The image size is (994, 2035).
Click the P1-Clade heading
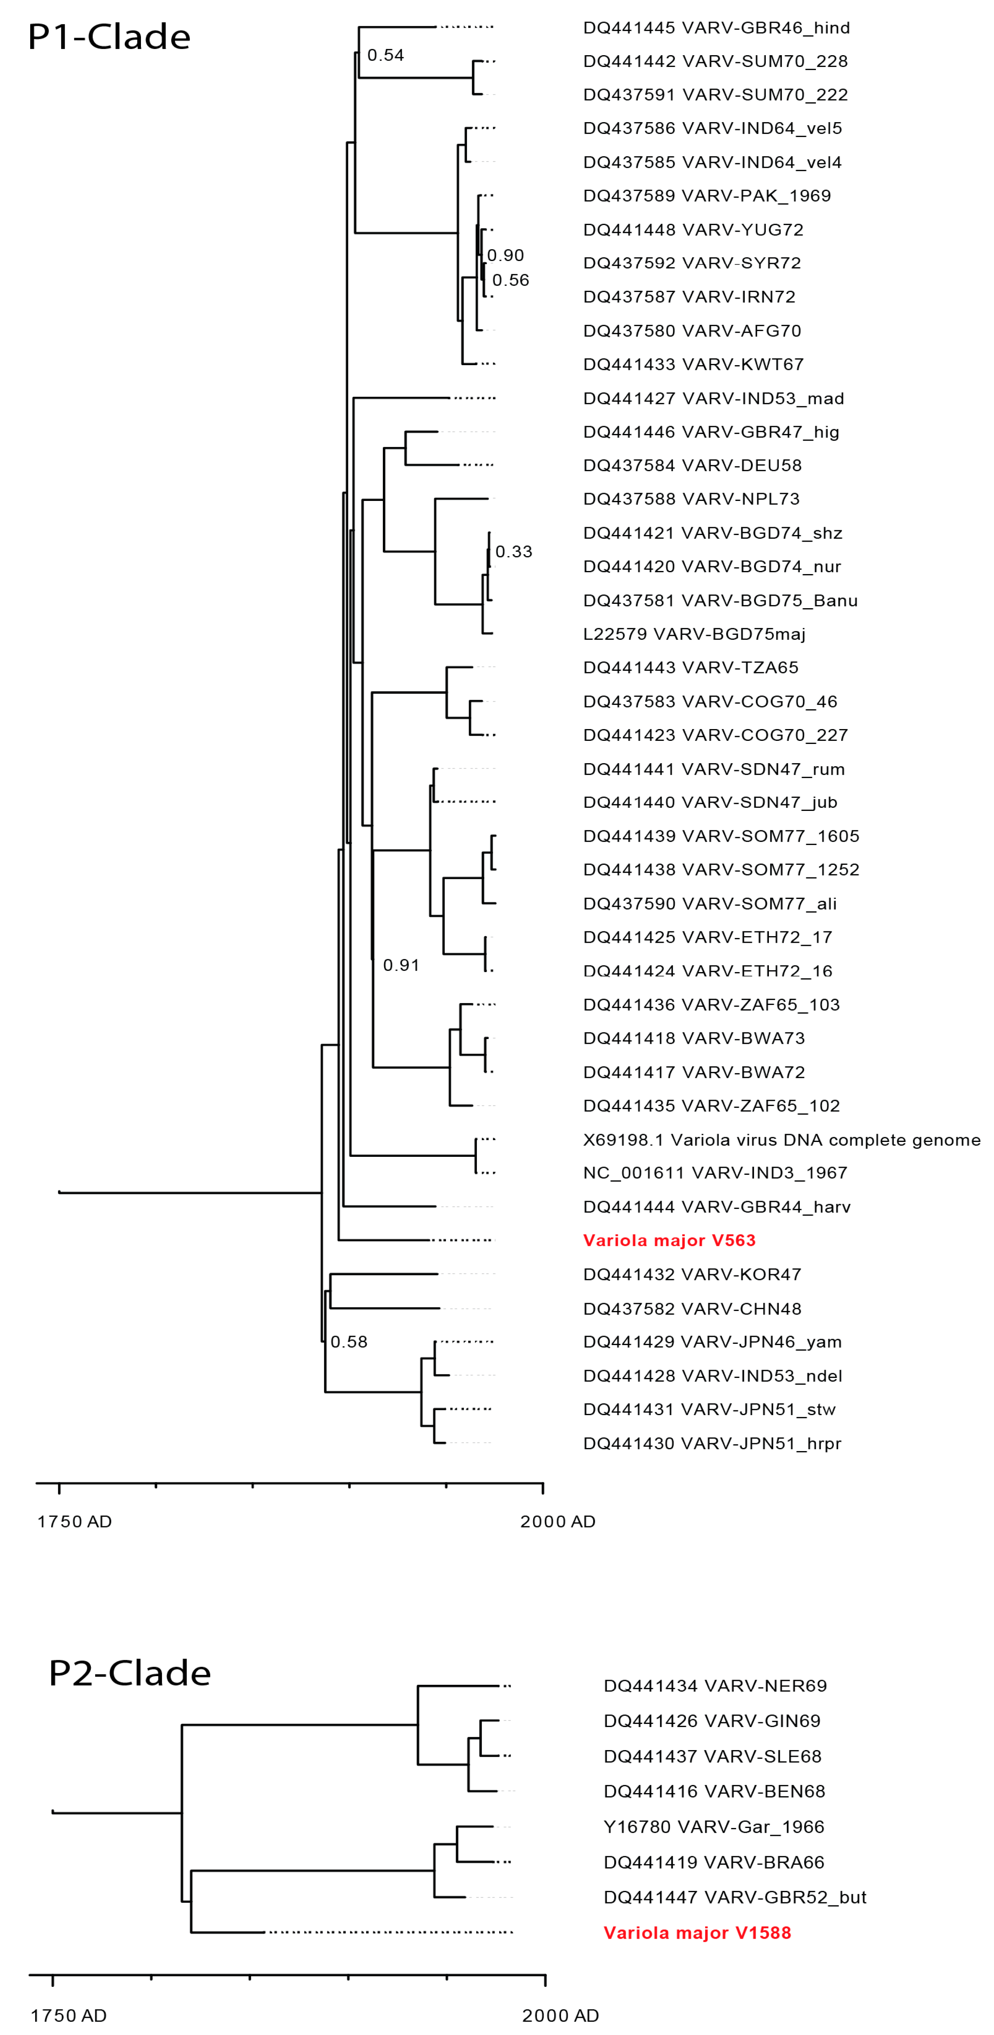coord(109,37)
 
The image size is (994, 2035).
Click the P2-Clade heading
coord(130,1673)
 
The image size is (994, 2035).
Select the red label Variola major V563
coord(668,1240)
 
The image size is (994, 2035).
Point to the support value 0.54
coord(386,55)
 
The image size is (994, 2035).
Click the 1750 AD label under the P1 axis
coord(74,1522)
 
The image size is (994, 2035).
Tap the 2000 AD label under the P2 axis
coord(560,2015)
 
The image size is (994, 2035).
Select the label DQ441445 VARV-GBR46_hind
coord(716,28)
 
